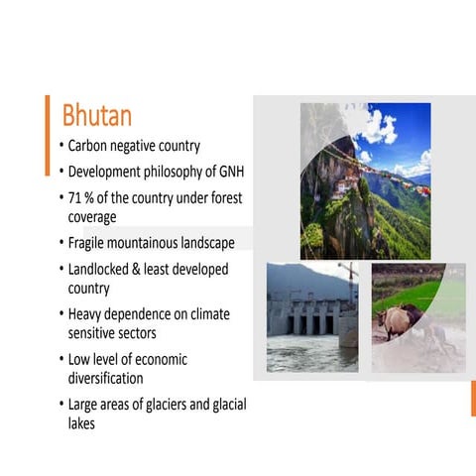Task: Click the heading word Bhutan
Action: coord(97,115)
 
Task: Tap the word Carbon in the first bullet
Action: coord(90,146)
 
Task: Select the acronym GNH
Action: coord(228,172)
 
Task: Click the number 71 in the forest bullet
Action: coord(75,197)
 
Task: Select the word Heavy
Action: coord(86,314)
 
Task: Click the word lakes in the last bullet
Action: coord(83,422)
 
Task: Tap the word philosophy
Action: coord(178,172)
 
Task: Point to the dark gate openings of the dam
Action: coord(307,324)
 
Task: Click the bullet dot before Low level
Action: coord(59,359)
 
